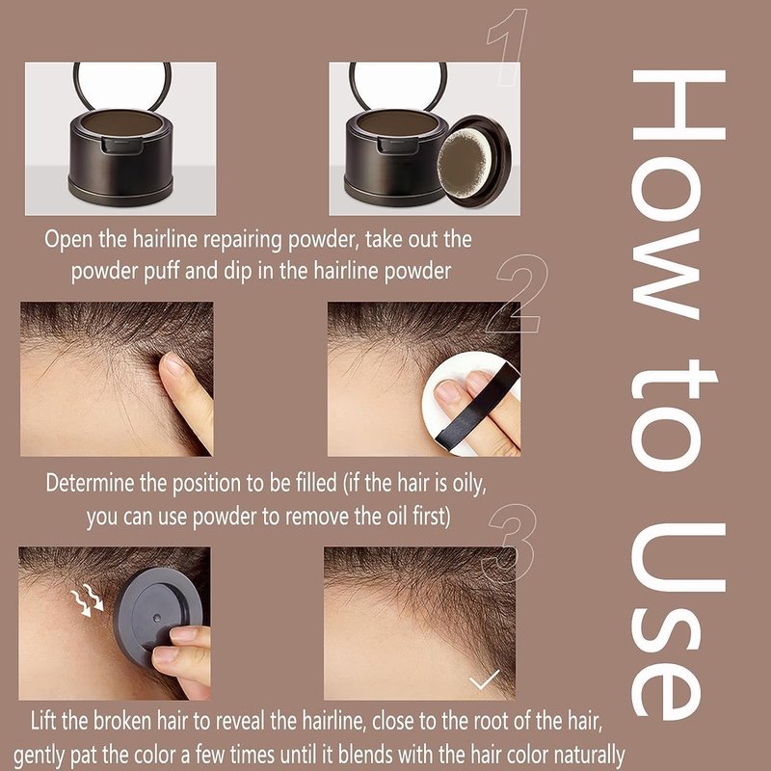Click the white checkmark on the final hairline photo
coord(484,679)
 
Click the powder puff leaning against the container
coord(473,161)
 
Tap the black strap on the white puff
coord(477,406)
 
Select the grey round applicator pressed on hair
coord(157,616)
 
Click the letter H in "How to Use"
coord(678,105)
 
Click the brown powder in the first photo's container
coord(121,122)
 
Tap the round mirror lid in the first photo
coord(122,84)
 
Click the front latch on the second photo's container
coord(398,146)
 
